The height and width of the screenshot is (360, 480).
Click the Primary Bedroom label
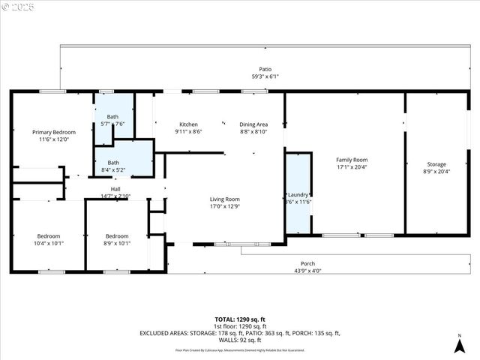pos(53,132)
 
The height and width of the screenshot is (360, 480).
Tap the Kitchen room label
pos(188,124)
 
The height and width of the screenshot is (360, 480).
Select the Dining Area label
pos(253,124)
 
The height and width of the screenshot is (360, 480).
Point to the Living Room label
pos(226,199)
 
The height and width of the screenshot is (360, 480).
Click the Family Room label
pos(351,160)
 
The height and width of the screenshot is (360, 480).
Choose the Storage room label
pos(436,164)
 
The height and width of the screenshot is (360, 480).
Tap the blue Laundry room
pos(298,191)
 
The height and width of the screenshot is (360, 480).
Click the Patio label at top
pos(265,68)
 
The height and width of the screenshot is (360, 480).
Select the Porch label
pos(307,263)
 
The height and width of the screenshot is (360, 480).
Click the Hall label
pos(115,189)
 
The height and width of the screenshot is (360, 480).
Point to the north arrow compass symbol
pos(459,345)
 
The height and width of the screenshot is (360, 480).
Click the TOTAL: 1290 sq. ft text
pos(240,320)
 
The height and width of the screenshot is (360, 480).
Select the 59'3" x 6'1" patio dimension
pos(265,76)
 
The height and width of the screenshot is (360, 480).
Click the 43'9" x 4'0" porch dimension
pos(307,271)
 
